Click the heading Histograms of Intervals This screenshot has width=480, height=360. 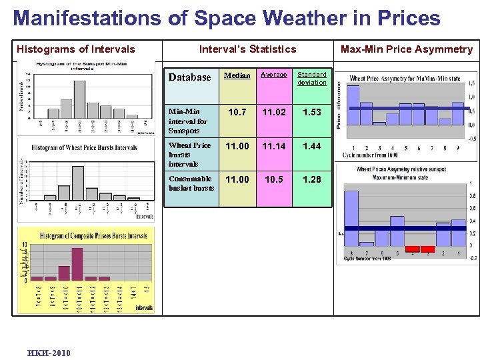pos(75,49)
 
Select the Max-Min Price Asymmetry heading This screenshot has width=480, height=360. pos(406,49)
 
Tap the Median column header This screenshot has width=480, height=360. pos(237,75)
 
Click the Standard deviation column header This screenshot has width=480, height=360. pos(311,79)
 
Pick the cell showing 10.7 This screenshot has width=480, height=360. pos(237,113)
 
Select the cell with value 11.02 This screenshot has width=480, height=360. pos(273,113)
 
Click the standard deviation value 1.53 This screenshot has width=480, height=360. pos(311,113)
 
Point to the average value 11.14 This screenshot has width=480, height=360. pos(273,146)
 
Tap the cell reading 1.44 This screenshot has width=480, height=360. pos(311,146)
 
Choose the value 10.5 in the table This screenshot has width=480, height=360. pos(273,179)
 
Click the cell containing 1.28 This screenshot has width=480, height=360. pos(311,179)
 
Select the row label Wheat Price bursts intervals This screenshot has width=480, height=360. pos(189,154)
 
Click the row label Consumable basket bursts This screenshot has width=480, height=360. pos(191,183)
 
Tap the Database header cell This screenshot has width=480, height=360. pos(189,77)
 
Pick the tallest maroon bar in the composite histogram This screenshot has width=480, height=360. pos(77,264)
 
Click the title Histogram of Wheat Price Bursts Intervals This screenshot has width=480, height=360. pos(84,148)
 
